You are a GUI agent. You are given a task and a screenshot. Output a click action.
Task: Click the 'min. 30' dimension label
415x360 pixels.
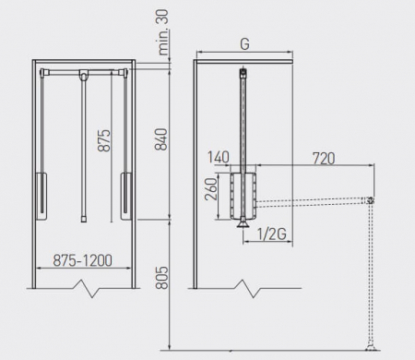164,32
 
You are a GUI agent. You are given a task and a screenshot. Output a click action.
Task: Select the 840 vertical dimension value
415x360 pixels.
161,139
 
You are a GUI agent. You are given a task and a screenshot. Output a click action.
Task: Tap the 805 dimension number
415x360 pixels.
162,278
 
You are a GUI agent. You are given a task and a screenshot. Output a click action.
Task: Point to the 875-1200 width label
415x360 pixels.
83,260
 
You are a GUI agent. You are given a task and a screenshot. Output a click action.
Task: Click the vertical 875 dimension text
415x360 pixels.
104,140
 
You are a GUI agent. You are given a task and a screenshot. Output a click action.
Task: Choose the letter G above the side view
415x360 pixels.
244,44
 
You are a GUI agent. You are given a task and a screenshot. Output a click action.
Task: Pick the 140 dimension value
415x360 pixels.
219,157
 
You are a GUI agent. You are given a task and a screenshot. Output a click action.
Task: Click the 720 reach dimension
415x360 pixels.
324,159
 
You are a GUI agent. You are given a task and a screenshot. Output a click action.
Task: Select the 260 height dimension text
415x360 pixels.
211,189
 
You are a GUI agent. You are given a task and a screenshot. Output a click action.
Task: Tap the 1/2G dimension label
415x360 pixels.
272,234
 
